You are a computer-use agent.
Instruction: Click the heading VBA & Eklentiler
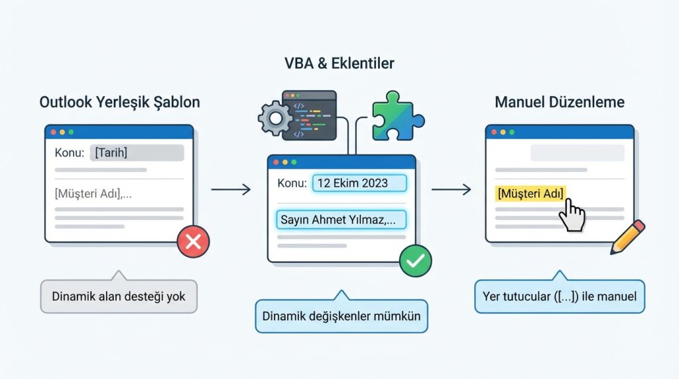point(339,64)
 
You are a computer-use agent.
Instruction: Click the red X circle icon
point(193,242)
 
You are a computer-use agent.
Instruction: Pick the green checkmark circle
point(415,260)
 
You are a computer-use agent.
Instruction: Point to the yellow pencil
point(627,237)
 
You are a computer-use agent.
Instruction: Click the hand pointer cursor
point(572,216)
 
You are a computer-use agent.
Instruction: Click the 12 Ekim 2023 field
point(359,184)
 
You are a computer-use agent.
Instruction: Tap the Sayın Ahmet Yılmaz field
point(340,219)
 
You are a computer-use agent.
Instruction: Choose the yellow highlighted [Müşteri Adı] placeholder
point(530,193)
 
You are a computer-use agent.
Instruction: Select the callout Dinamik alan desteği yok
point(119,296)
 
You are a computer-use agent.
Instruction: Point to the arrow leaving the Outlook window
point(231,190)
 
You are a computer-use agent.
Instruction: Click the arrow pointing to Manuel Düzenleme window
point(451,190)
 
